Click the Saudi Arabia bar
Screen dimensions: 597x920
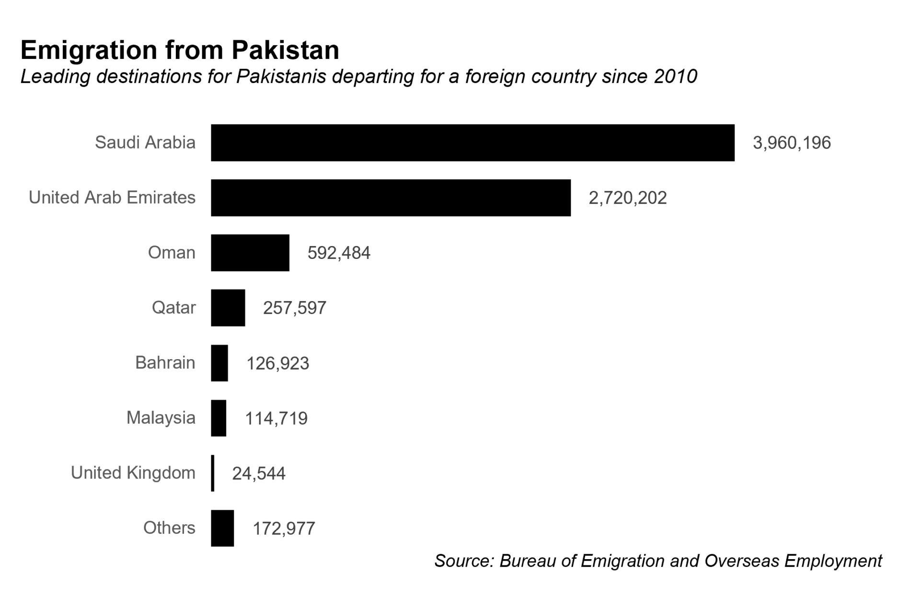(x=472, y=142)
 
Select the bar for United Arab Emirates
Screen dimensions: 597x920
(x=391, y=198)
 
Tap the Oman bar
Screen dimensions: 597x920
(x=250, y=253)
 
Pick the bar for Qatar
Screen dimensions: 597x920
(x=228, y=308)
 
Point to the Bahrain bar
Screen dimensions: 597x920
(x=219, y=363)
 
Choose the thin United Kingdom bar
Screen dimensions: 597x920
(x=213, y=473)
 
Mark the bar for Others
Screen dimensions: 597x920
(x=222, y=528)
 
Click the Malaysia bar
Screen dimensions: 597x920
(x=218, y=418)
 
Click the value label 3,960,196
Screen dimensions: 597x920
(x=792, y=143)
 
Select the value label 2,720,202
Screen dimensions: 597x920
(x=628, y=198)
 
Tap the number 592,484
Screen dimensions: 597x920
(x=339, y=253)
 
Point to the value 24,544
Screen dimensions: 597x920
(x=259, y=474)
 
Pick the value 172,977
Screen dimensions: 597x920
(x=284, y=529)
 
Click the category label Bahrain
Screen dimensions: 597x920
(x=165, y=363)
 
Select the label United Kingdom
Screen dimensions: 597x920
(x=133, y=473)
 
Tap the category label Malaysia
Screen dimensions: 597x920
(x=161, y=418)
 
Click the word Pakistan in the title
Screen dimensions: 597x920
(x=286, y=50)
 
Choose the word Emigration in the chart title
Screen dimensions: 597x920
(x=89, y=50)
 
